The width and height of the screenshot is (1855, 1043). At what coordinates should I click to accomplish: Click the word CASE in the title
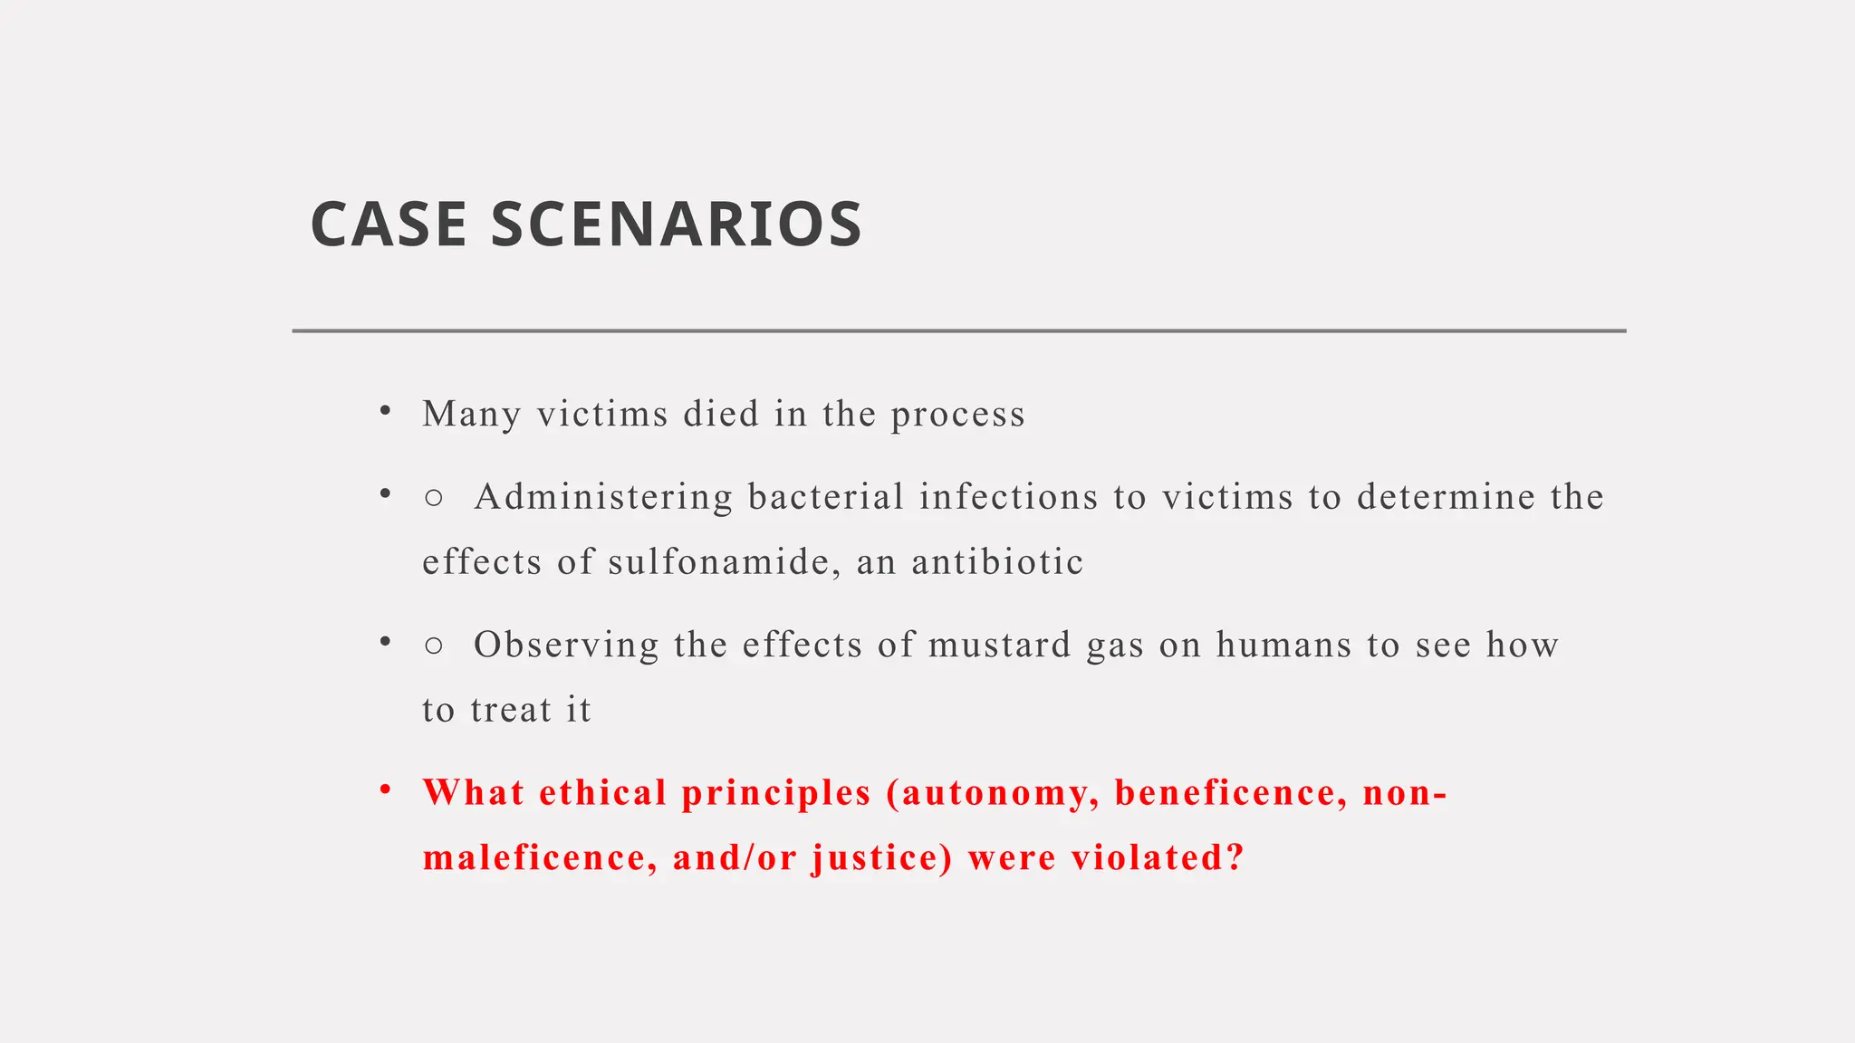(389, 225)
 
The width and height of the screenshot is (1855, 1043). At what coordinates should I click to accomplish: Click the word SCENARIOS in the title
(677, 225)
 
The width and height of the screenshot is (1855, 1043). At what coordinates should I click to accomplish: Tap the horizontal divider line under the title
(958, 331)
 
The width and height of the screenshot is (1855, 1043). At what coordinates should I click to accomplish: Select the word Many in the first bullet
(471, 415)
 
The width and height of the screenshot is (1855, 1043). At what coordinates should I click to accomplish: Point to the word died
(721, 415)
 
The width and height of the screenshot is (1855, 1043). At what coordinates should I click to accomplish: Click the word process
(957, 415)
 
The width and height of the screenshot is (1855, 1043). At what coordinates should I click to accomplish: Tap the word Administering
(603, 497)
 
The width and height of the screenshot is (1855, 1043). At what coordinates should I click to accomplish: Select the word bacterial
(826, 497)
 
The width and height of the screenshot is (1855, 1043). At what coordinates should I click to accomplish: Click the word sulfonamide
(718, 562)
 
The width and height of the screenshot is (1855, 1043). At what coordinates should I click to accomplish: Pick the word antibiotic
(997, 562)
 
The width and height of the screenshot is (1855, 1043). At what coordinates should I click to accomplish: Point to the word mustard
(1000, 645)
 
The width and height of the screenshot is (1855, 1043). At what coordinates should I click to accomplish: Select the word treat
(511, 710)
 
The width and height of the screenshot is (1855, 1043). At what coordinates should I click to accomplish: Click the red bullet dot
(386, 790)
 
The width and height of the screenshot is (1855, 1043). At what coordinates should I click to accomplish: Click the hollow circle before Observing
(434, 646)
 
